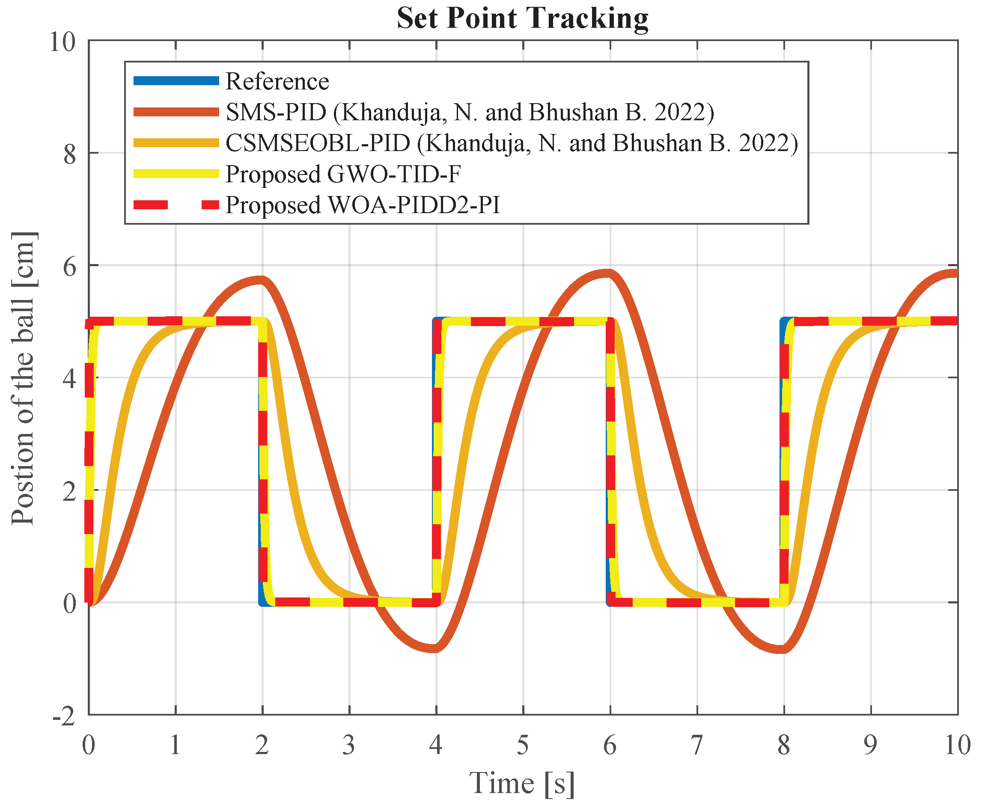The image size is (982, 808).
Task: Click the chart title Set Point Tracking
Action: [522, 19]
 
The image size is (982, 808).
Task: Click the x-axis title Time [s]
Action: [522, 783]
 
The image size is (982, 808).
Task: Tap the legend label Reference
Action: [277, 81]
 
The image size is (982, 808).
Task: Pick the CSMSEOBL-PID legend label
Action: [511, 143]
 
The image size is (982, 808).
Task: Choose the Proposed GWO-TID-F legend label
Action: [343, 174]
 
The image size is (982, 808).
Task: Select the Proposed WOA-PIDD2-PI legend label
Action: [363, 205]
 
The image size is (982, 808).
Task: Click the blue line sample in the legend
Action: [176, 81]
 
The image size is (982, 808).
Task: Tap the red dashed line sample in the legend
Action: [176, 205]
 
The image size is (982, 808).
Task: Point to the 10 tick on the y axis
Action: [62, 42]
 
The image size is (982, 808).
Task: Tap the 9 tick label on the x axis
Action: [870, 745]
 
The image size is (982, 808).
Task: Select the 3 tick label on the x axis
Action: [349, 745]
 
